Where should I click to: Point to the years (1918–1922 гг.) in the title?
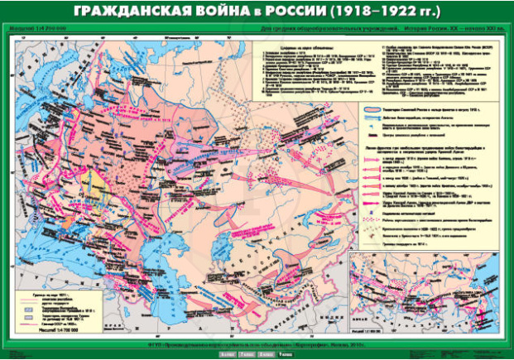[x=389, y=13]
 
